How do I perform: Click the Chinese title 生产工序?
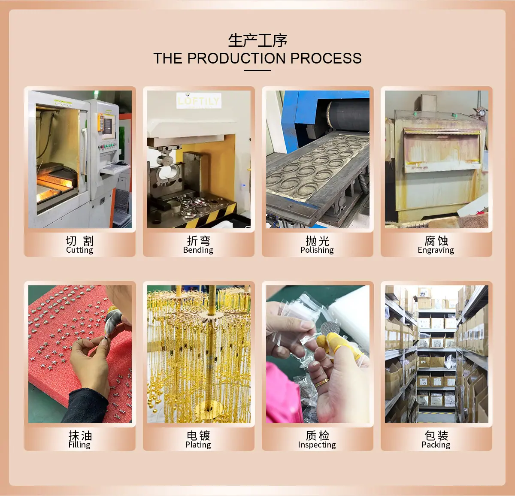(257, 40)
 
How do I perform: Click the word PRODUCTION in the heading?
(237, 58)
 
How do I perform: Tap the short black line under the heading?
(257, 71)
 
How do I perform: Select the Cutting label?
(80, 250)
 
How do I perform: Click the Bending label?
(198, 250)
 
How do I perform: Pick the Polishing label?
(317, 250)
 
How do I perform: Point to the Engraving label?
(436, 250)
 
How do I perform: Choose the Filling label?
(79, 445)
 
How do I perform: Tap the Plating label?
(198, 445)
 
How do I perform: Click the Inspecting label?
(317, 445)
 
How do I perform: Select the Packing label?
(436, 445)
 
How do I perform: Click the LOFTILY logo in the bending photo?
(199, 100)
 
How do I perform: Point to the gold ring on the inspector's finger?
(321, 383)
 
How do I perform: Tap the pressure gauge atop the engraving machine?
(482, 113)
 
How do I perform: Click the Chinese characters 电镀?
(198, 436)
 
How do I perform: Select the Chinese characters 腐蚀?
(436, 241)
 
